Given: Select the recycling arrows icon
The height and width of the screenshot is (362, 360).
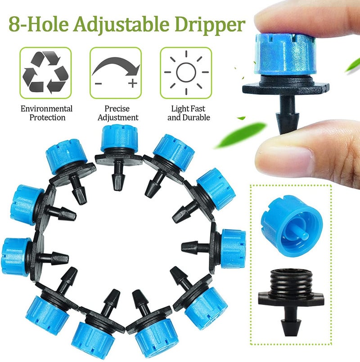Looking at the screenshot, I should [x=45, y=72].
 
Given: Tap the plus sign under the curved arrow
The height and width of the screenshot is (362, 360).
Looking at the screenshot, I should [x=132, y=83].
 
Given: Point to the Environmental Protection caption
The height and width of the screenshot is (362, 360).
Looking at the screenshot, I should [x=46, y=113].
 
